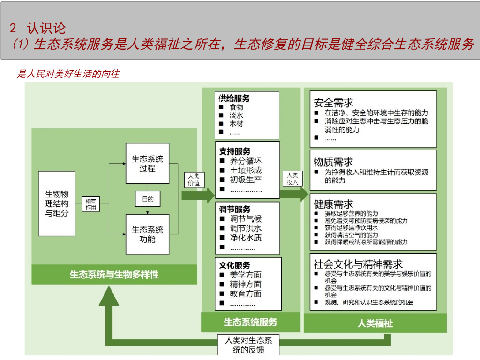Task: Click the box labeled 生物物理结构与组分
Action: coord(57,203)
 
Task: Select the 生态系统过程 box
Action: coord(148,164)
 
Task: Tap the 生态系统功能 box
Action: coord(148,234)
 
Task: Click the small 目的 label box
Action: coord(148,199)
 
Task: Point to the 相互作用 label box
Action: coord(91,204)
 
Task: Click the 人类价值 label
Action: coord(194,180)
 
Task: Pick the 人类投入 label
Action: coord(292,179)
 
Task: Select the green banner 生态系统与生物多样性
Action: coord(114,274)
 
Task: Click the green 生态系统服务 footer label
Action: coord(250,322)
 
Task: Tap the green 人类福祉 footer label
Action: coord(375,323)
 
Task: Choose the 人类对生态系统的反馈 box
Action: coord(249,345)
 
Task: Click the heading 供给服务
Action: coord(234,98)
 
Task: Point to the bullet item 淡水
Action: coord(236,115)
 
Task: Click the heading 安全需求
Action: coord(333,103)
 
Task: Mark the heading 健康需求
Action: coord(333,204)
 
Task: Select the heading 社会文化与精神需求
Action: coord(358,264)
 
